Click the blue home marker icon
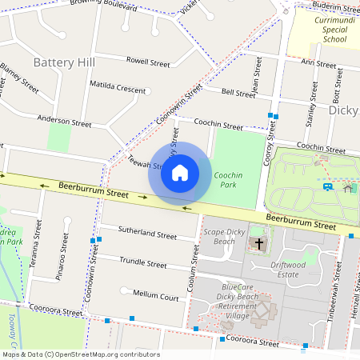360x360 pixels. [180, 173]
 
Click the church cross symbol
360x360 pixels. [258, 243]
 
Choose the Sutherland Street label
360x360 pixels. [146, 236]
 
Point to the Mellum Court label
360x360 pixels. [155, 295]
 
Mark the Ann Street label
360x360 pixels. [318, 62]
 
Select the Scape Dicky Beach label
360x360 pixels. [219, 237]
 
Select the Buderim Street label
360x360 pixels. [337, 6]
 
